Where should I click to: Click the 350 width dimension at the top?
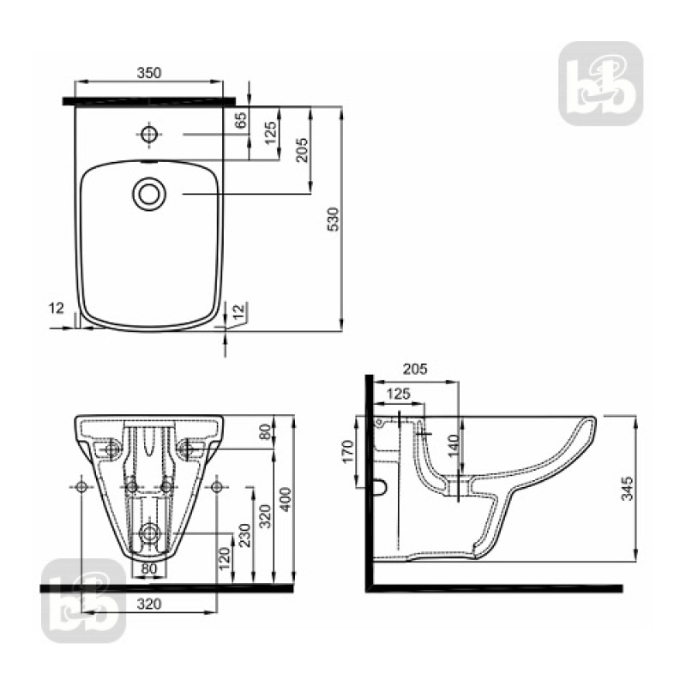pyautogui.click(x=149, y=74)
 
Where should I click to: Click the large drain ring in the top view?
pyautogui.click(x=149, y=193)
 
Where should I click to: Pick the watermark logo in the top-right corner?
pyautogui.click(x=600, y=83)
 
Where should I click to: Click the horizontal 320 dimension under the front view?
pyautogui.click(x=149, y=604)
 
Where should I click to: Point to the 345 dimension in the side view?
pyautogui.click(x=628, y=489)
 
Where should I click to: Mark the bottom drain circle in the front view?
pyautogui.click(x=149, y=533)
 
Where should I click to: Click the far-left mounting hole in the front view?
pyautogui.click(x=82, y=487)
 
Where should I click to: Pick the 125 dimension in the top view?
pyautogui.click(x=270, y=134)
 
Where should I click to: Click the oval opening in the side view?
pyautogui.click(x=380, y=488)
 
